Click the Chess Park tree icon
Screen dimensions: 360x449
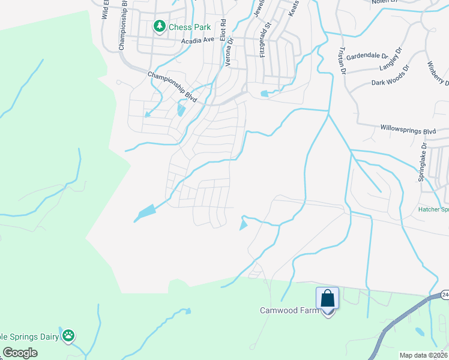pyautogui.click(x=160, y=26)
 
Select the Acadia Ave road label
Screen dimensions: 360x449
pyautogui.click(x=197, y=40)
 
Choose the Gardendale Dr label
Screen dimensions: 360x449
pyautogui.click(x=368, y=55)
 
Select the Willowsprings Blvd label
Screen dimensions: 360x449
pyautogui.click(x=407, y=129)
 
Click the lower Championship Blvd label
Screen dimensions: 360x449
pyautogui.click(x=172, y=86)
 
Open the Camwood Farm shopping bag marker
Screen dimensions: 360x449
pyautogui.click(x=328, y=298)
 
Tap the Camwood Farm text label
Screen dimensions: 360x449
pyautogui.click(x=288, y=310)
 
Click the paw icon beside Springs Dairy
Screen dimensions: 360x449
pyautogui.click(x=69, y=336)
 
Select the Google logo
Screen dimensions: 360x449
pyautogui.click(x=20, y=353)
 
